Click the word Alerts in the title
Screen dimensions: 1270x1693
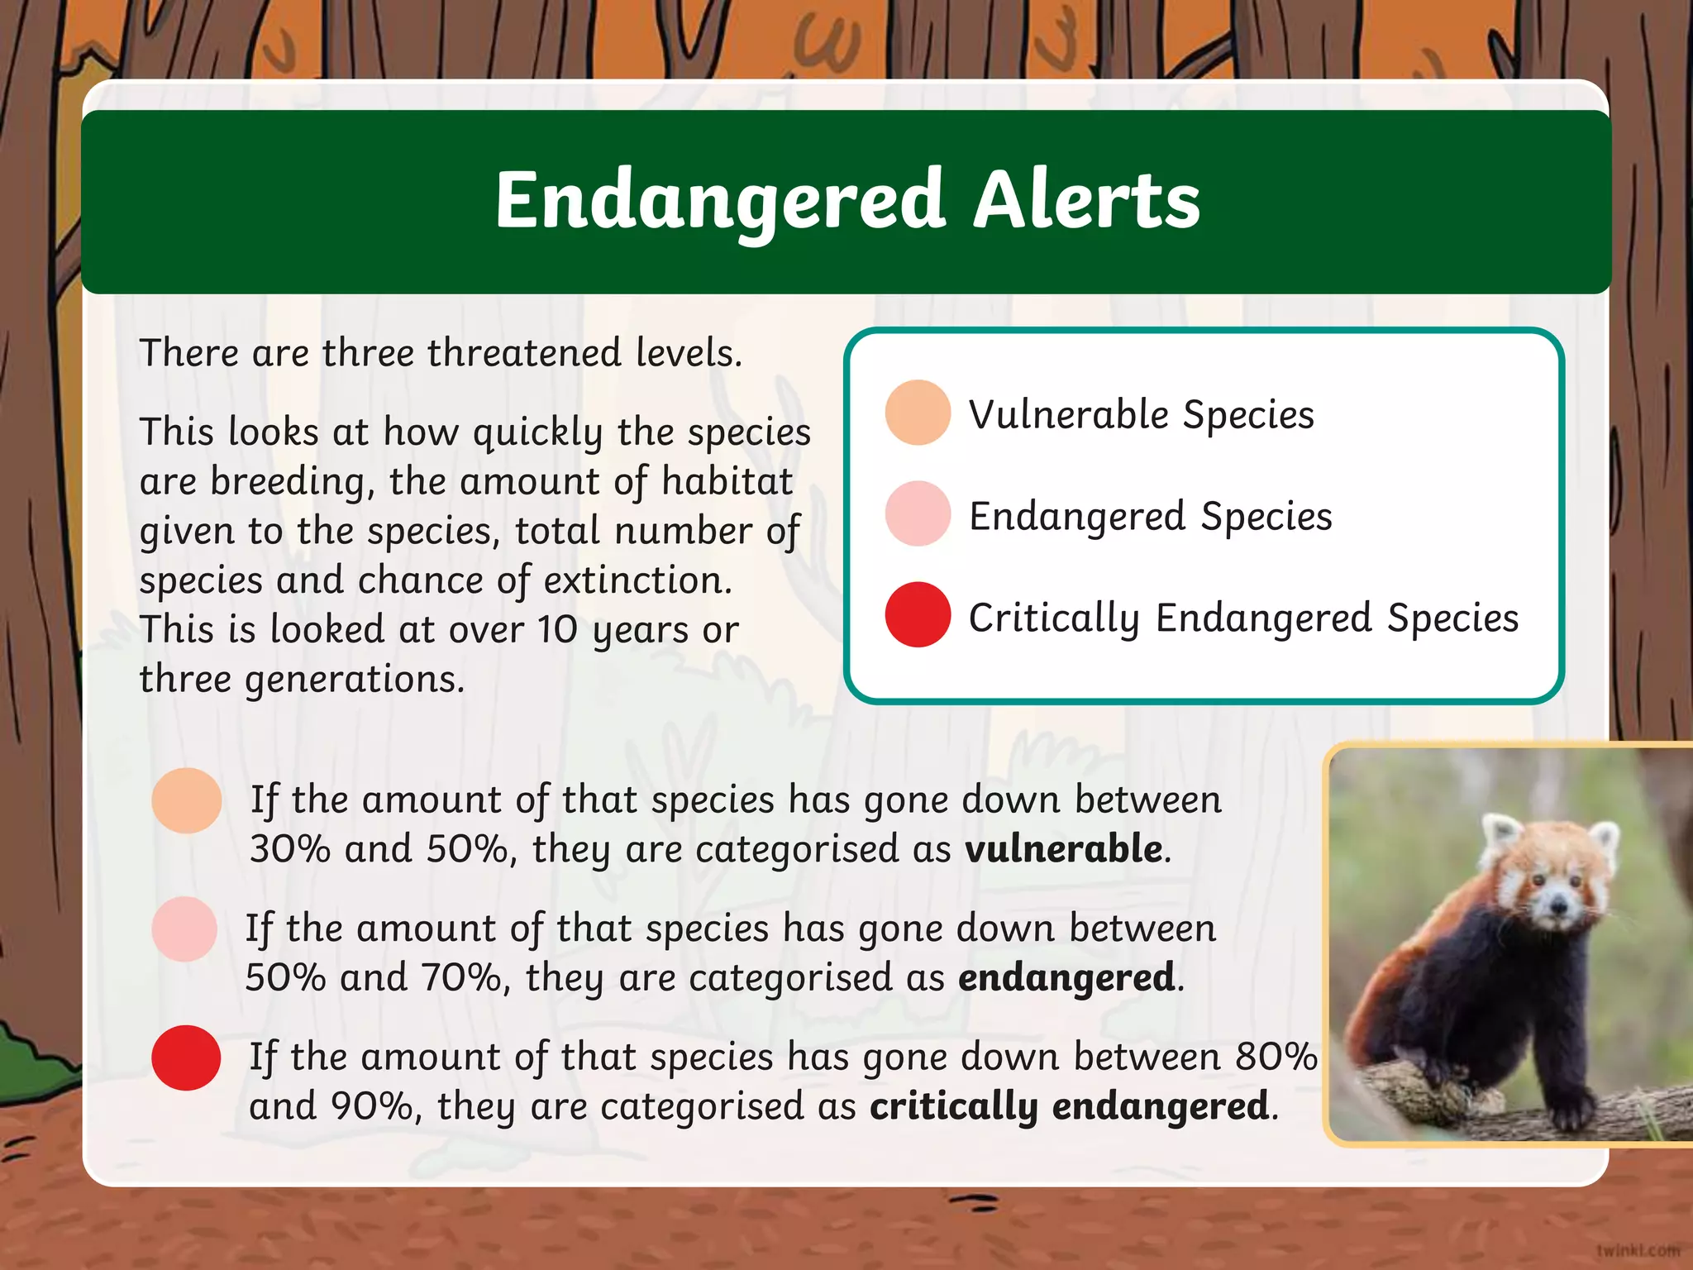[x=1086, y=199]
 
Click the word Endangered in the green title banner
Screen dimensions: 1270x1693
[x=719, y=199]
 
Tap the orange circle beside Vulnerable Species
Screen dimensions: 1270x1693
[x=918, y=413]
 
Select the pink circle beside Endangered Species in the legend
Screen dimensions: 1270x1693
[x=918, y=513]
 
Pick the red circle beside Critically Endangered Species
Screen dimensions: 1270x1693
[x=918, y=614]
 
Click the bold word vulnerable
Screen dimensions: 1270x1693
[x=1064, y=849]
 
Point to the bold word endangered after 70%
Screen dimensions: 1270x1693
[x=1066, y=977]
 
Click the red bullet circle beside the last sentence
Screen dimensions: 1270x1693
[x=186, y=1058]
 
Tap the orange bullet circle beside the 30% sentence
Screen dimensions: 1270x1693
[x=186, y=800]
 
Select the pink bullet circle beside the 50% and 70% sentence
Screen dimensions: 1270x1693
[x=184, y=929]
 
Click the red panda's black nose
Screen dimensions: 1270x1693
[x=1558, y=907]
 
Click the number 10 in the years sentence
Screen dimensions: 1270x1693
[x=557, y=629]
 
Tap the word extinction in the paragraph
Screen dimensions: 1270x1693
[x=637, y=580]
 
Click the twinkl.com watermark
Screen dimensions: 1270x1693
[x=1638, y=1249]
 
